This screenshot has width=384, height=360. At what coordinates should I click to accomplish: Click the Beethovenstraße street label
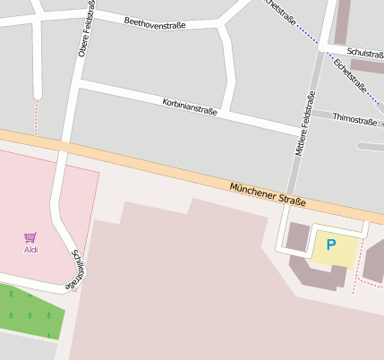point(155,24)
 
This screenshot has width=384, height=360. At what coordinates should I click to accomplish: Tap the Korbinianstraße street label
point(190,108)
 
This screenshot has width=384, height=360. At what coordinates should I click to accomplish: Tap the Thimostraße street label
point(354,118)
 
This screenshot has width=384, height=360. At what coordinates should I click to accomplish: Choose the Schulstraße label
point(365,54)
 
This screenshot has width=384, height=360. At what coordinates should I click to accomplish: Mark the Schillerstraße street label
point(78,270)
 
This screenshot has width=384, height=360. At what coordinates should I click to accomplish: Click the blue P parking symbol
point(330,244)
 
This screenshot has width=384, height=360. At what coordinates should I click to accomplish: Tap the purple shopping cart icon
point(30,237)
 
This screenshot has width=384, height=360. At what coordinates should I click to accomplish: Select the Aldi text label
point(30,250)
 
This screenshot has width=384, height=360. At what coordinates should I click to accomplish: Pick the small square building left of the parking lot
point(297,238)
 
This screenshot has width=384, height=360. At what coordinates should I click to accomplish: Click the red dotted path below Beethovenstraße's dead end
point(37,116)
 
